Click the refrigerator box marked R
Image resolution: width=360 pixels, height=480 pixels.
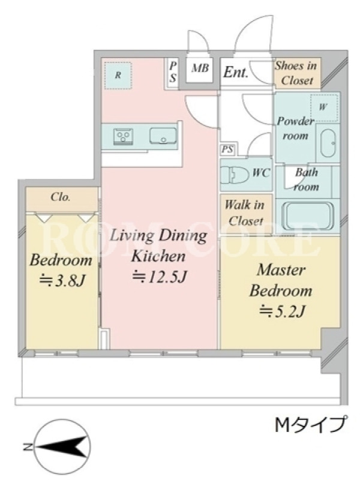click(x=118, y=76)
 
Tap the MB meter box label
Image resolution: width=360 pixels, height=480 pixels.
click(x=200, y=68)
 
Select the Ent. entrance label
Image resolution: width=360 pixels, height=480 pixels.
click(x=235, y=73)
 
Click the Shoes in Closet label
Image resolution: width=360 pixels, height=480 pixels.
click(x=296, y=73)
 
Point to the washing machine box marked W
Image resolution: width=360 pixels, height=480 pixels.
click(x=325, y=107)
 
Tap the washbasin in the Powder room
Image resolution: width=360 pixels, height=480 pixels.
click(x=328, y=143)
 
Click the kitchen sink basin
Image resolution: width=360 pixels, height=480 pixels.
click(x=163, y=136)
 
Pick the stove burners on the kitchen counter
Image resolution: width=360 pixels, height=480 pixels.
click(x=124, y=136)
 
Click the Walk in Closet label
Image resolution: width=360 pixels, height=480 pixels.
click(x=245, y=213)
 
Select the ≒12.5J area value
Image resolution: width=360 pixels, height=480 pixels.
click(x=159, y=277)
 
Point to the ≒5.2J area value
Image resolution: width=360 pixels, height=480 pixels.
click(x=281, y=311)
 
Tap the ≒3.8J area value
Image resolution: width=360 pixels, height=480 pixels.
click(x=62, y=280)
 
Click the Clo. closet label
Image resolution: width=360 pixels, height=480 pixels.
click(x=61, y=197)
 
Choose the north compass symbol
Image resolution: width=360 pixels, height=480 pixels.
click(x=62, y=447)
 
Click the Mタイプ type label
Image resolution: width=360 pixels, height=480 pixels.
click(x=311, y=424)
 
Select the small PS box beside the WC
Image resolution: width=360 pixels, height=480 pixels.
click(x=227, y=149)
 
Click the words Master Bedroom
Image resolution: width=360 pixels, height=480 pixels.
click(x=281, y=280)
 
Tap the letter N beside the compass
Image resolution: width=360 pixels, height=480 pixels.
click(x=28, y=447)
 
